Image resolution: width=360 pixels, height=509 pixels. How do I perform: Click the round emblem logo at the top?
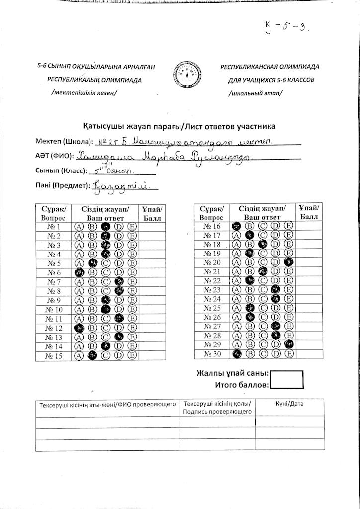point(187,76)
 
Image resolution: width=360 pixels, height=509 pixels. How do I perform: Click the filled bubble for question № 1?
point(105,227)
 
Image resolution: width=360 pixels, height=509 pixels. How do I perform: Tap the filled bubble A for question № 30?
point(237,354)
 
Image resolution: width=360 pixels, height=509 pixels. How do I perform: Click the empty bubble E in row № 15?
point(132,355)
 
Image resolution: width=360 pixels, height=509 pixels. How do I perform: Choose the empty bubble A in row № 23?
point(237,290)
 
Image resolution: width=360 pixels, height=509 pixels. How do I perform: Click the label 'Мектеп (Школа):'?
point(64,142)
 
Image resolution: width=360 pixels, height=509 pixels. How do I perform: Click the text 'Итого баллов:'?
point(242,385)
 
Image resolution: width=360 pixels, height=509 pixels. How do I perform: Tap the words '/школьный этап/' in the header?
point(256,93)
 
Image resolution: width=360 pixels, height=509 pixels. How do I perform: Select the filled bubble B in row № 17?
point(250,235)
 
